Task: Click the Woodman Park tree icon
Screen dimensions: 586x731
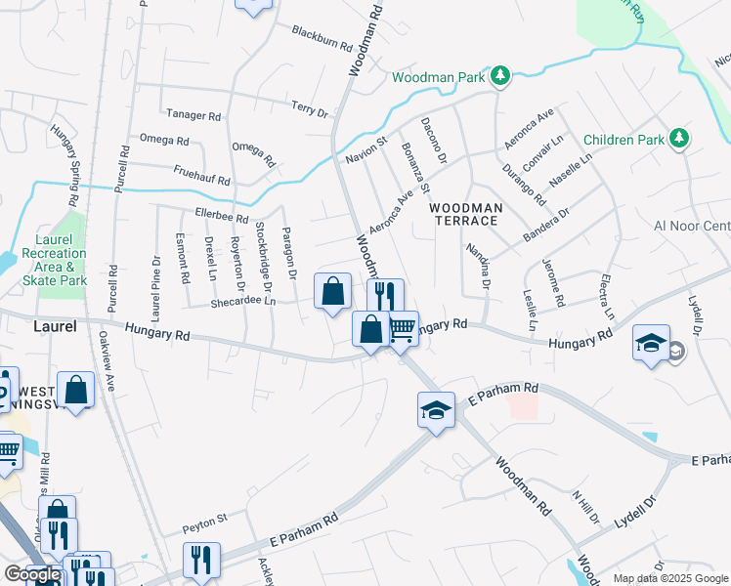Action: [499, 76]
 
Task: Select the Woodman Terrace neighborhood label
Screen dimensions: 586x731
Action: [466, 214]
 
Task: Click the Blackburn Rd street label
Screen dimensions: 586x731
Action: [322, 38]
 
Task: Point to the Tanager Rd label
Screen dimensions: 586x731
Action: [193, 115]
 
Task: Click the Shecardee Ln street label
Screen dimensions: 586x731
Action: [243, 303]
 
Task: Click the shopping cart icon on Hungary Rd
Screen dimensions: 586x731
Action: [402, 329]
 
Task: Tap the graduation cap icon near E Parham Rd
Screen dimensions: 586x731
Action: [436, 409]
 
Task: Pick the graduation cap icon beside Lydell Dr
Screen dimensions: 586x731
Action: [651, 343]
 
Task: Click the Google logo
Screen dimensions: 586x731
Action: [32, 574]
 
